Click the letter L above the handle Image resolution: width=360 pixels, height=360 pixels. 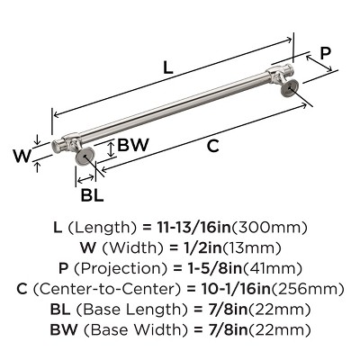(168, 67)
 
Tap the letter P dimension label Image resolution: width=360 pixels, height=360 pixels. (325, 53)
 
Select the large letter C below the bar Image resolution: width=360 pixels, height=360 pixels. (212, 146)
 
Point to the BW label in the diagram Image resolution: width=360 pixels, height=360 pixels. (132, 145)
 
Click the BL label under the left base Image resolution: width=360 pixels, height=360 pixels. (92, 194)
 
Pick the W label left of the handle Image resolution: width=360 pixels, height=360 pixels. (22, 156)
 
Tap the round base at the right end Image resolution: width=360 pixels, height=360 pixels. (289, 87)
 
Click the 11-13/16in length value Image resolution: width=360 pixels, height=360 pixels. (194, 228)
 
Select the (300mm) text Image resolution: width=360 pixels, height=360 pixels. (270, 228)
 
